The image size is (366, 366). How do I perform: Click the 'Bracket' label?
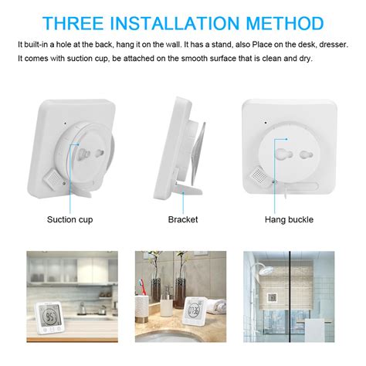183,220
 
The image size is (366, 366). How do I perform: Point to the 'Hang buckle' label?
290,220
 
